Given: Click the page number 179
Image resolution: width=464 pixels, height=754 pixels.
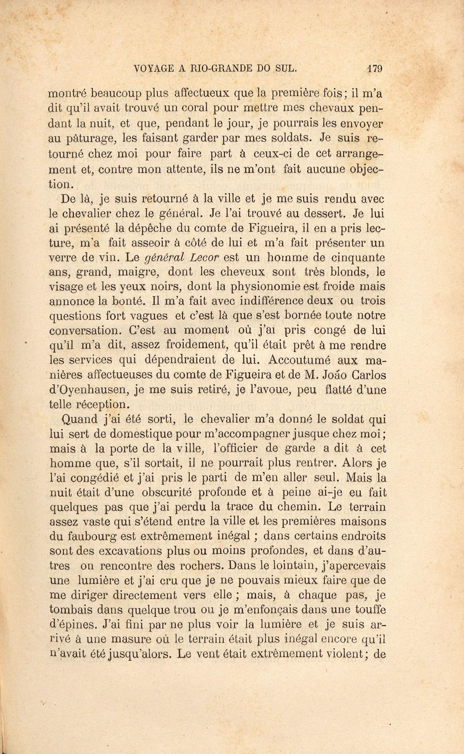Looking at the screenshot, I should [374, 68].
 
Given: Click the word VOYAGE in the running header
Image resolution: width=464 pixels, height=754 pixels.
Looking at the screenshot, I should [154, 68].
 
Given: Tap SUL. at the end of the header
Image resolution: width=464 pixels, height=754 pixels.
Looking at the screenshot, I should [285, 68].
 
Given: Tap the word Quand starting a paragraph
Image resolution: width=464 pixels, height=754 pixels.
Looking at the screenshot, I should [80, 419].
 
